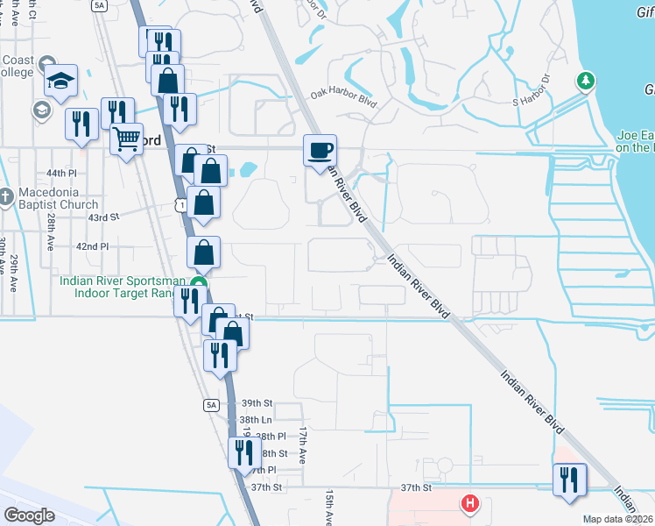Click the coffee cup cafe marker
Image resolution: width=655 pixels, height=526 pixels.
(320, 150)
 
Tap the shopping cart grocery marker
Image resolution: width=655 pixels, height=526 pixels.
(127, 139)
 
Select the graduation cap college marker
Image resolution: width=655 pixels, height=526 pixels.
(61, 81)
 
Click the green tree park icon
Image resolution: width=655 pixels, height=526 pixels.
(586, 82)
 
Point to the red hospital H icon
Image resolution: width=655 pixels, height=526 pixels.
(470, 503)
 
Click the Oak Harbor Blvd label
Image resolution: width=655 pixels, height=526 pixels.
(343, 98)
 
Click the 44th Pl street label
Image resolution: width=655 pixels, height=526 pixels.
(62, 174)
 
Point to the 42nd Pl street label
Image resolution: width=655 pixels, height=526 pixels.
(92, 247)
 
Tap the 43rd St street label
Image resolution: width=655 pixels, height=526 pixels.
(102, 217)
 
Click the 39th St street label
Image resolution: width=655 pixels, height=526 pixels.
(257, 402)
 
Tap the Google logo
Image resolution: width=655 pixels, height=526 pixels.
(29, 515)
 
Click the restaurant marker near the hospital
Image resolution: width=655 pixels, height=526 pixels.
(570, 480)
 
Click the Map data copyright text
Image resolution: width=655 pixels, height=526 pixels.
(617, 519)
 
